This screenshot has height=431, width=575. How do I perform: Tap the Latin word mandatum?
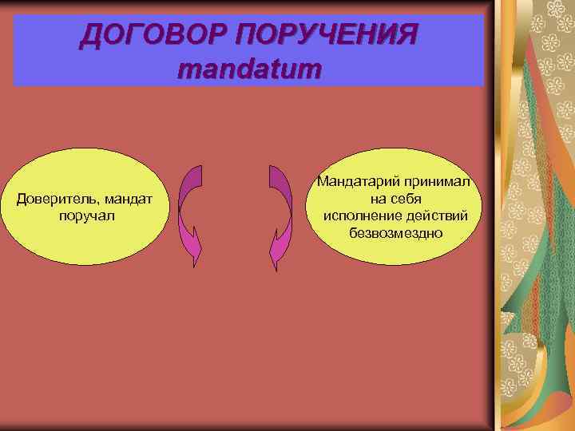pyautogui.click(x=249, y=69)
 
